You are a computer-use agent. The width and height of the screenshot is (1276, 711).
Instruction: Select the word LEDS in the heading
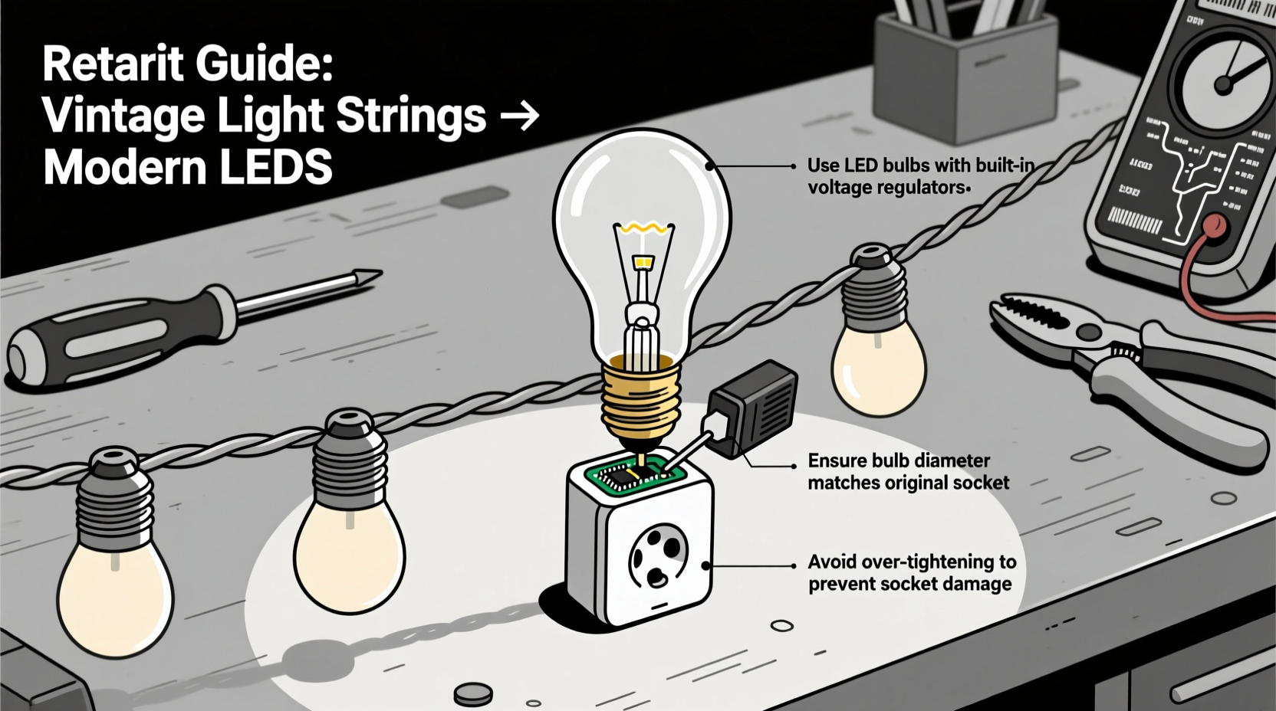pos(276,168)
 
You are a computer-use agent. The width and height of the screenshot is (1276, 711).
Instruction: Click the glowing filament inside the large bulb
pos(643,228)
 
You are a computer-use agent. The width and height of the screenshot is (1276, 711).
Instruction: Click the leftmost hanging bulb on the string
pos(115,567)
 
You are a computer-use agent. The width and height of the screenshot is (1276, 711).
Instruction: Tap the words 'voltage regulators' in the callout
pos(886,188)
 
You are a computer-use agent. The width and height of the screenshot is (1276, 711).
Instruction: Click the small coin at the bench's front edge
pos(473,694)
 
